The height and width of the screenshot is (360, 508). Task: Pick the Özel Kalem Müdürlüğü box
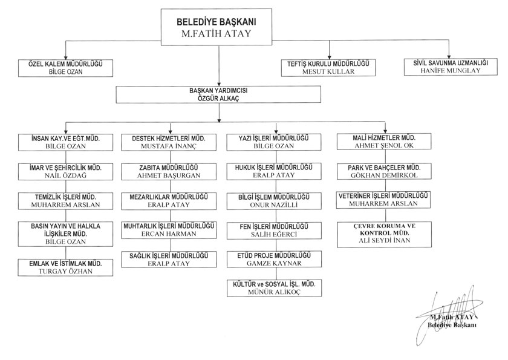click(x=65, y=67)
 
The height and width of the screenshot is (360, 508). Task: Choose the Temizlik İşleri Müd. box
click(x=65, y=201)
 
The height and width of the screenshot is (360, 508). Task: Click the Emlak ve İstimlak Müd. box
click(x=65, y=268)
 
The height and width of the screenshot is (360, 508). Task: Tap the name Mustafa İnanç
click(x=170, y=146)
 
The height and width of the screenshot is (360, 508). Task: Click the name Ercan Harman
click(x=170, y=234)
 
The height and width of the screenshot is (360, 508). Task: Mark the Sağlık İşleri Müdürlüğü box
click(x=170, y=260)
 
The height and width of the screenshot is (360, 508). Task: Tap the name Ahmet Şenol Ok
click(x=384, y=146)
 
